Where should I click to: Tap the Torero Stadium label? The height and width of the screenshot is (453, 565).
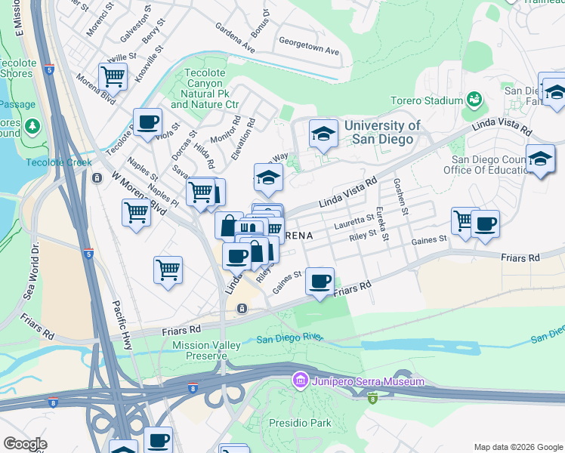(427, 100)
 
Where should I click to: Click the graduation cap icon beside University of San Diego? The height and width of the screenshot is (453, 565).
(323, 135)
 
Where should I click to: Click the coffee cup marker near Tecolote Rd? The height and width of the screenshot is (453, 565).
(147, 121)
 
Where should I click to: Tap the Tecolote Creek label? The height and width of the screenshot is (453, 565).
(59, 162)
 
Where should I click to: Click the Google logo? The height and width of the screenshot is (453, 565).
(25, 444)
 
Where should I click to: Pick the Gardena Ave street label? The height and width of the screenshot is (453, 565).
(235, 38)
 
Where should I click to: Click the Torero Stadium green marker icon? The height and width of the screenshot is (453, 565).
(474, 99)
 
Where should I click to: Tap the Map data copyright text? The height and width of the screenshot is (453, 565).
(517, 447)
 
